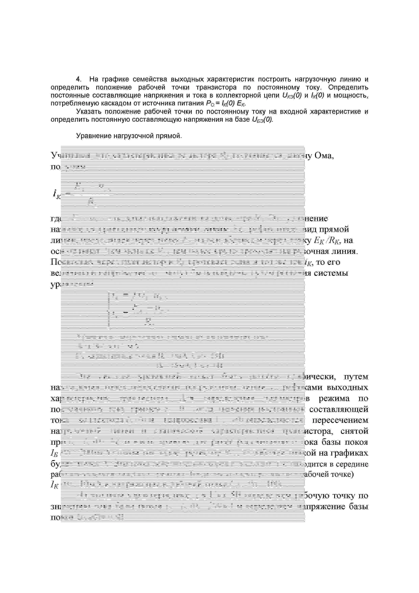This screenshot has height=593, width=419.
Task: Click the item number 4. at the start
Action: (79, 79)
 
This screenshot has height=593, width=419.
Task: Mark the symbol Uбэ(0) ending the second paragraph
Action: (262, 120)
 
